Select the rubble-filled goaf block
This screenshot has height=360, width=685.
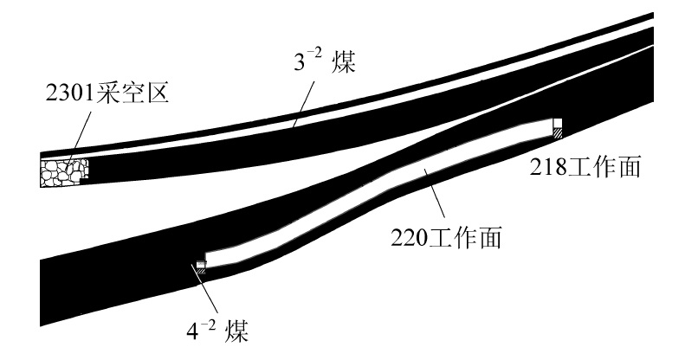61,170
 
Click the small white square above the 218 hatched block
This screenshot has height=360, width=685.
559,123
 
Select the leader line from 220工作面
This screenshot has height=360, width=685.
434,195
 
